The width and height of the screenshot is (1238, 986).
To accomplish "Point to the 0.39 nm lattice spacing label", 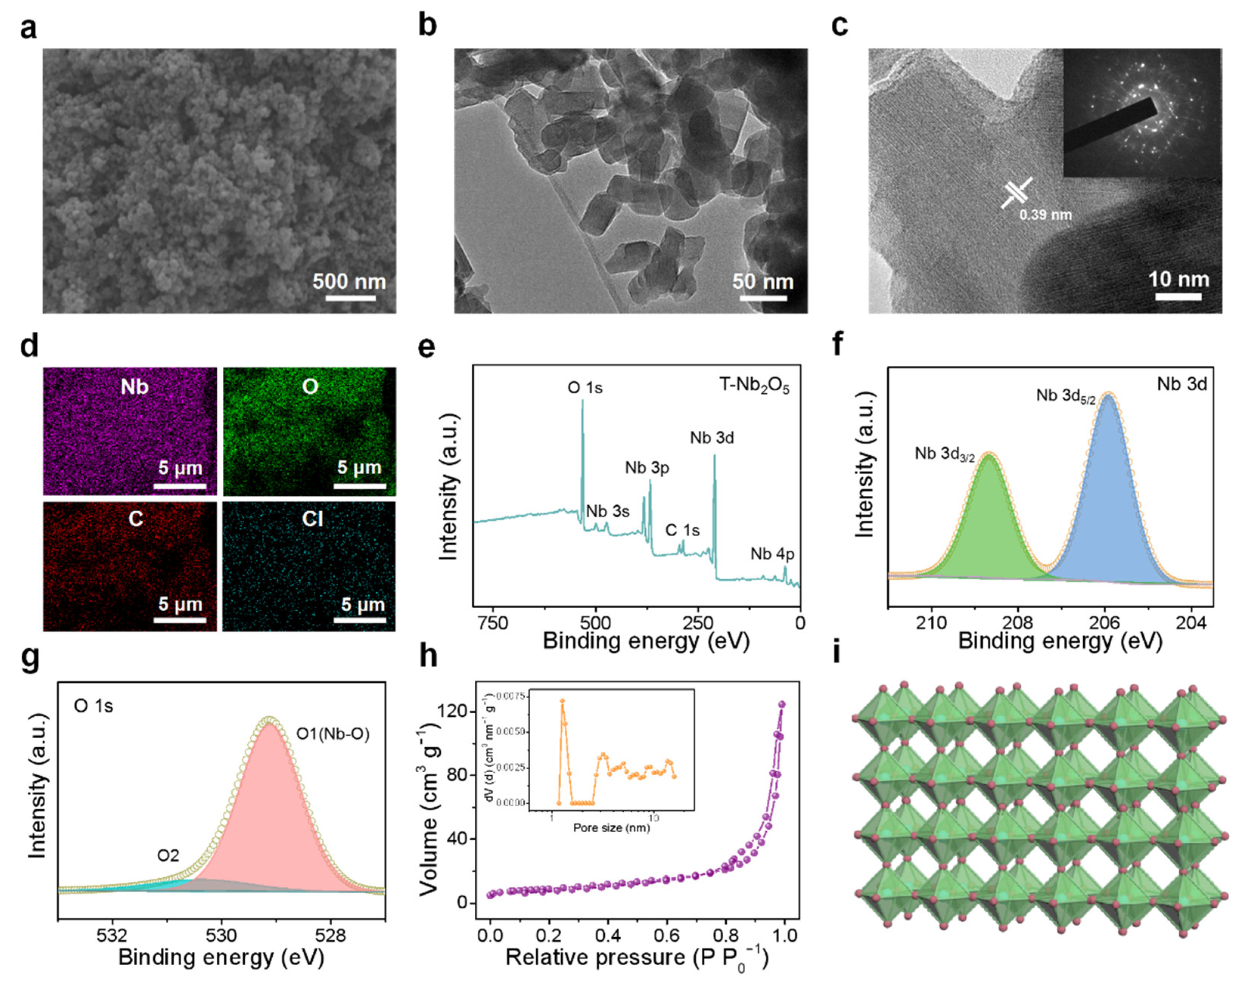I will (x=1045, y=215).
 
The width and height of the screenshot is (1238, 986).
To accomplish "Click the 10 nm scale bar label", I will (x=1178, y=279).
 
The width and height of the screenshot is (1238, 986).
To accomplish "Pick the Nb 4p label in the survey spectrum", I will (x=772, y=554).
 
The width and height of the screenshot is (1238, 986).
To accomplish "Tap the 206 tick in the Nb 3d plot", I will (x=1105, y=623).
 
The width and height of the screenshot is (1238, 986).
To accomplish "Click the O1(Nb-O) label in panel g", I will (x=332, y=733).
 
